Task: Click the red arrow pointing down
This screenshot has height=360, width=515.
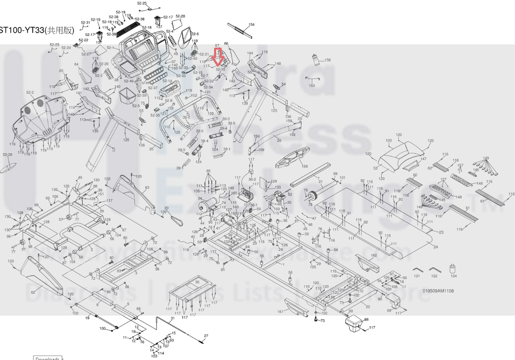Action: (218, 57)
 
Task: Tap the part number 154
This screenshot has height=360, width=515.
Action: (252, 25)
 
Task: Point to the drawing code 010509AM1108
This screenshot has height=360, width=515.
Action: (438, 291)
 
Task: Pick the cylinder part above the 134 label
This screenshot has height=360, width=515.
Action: (453, 269)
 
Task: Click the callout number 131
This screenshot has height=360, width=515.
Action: (417, 276)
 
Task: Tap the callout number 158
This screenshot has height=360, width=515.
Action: (305, 166)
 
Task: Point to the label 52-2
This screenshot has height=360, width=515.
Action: (30, 93)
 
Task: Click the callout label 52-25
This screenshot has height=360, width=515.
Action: (142, 3)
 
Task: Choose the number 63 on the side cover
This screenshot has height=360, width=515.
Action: (147, 187)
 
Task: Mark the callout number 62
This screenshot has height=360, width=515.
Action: (33, 292)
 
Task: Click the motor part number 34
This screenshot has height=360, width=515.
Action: (199, 198)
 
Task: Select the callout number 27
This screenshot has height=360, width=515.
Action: (206, 336)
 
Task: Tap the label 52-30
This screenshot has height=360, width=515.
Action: (7, 155)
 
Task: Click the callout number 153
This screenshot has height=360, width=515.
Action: (312, 86)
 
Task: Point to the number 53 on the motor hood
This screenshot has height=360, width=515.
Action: (375, 168)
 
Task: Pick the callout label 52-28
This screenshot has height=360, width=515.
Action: (180, 16)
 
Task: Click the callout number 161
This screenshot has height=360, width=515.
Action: (280, 312)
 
